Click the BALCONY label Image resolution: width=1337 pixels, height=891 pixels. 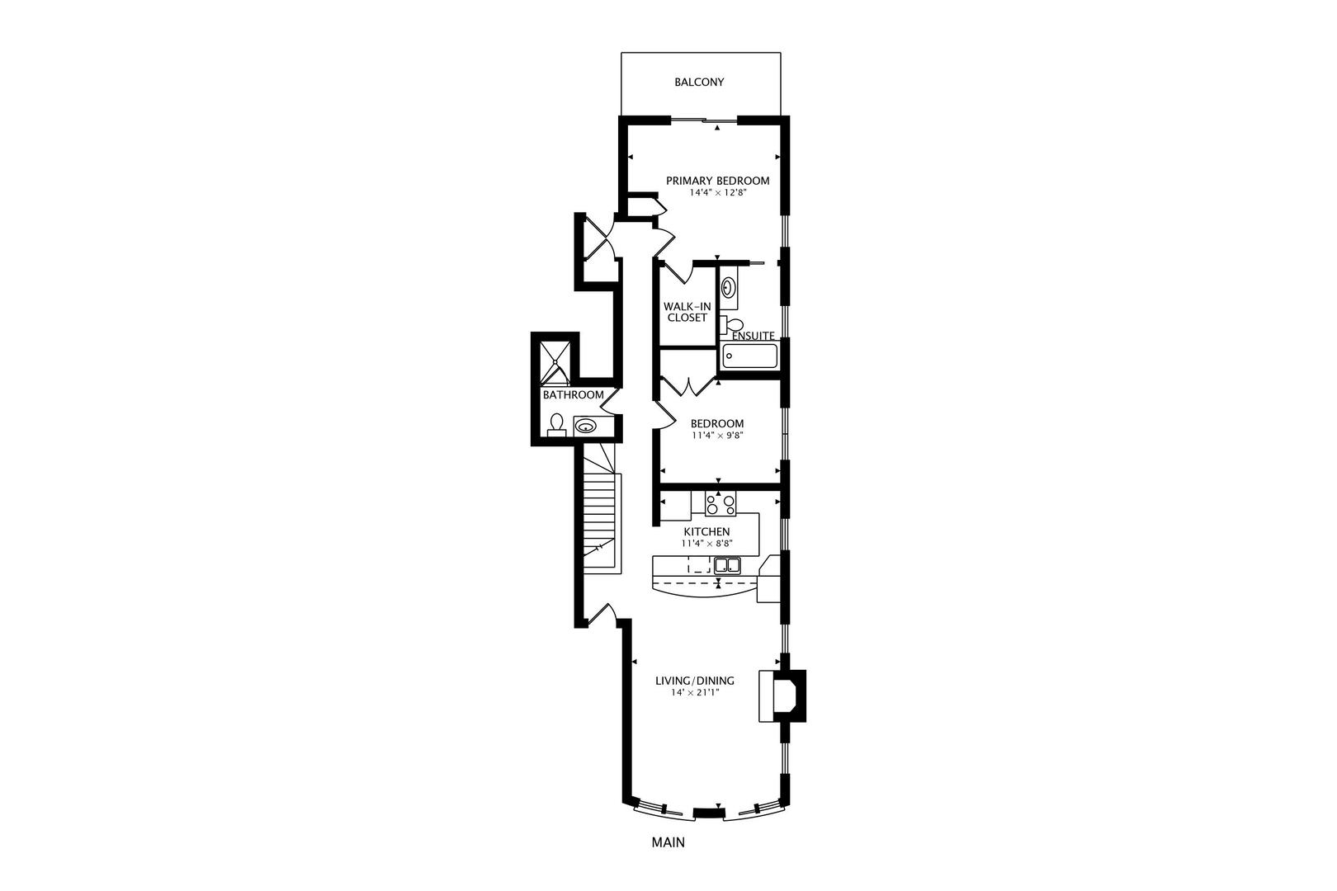[699, 82]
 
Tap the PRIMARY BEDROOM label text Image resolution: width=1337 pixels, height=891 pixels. [717, 181]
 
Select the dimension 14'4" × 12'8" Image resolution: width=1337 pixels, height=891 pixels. [717, 193]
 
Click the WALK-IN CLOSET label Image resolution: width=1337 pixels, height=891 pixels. [687, 312]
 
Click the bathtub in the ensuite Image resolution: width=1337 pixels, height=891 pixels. [749, 356]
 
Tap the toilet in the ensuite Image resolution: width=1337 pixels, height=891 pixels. [731, 323]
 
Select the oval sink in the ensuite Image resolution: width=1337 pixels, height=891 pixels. [729, 288]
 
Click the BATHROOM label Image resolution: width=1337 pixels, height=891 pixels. [573, 395]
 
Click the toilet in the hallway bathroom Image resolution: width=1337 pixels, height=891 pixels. [556, 424]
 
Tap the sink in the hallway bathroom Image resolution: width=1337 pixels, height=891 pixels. [585, 427]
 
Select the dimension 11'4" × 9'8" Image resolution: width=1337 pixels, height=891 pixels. [717, 436]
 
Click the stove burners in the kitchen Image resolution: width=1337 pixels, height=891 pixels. [720, 503]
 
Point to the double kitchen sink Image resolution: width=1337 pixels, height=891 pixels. [726, 565]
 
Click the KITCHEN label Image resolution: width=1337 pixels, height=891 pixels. [706, 531]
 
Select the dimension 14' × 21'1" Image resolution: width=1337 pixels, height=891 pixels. [695, 693]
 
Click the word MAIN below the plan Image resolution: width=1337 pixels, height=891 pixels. [668, 843]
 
